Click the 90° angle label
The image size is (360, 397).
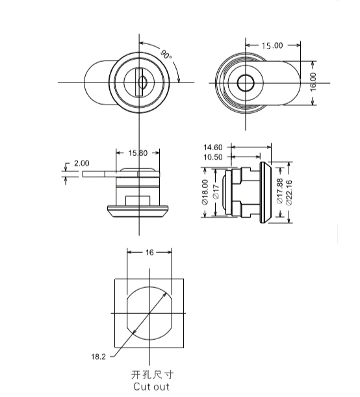click(x=166, y=55)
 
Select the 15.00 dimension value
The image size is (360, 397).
click(x=272, y=45)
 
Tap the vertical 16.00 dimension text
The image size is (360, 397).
click(x=313, y=82)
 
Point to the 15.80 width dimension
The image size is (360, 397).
click(x=138, y=153)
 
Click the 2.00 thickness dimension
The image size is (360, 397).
click(x=81, y=163)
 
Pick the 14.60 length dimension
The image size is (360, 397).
click(x=213, y=147)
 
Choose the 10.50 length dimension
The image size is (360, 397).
click(x=213, y=157)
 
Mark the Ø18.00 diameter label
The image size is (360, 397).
click(x=205, y=192)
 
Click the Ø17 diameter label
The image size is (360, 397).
click(x=216, y=192)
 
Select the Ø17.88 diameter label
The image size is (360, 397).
click(x=279, y=191)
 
